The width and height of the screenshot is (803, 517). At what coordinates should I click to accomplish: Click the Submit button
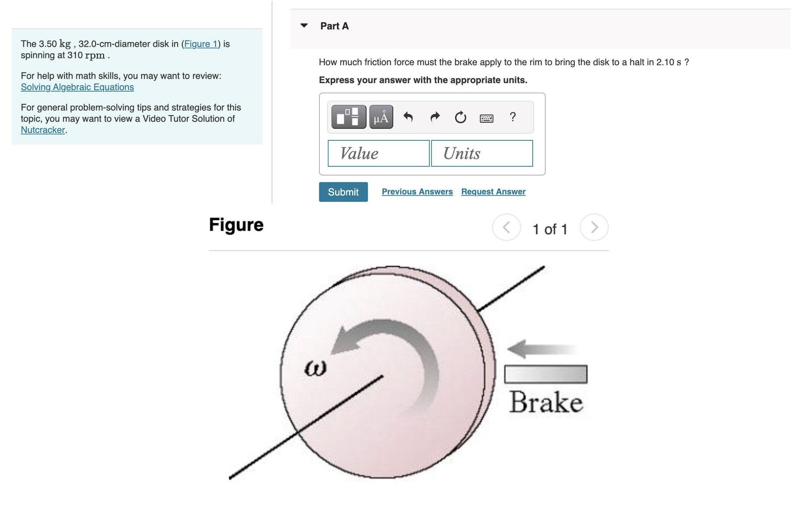click(343, 192)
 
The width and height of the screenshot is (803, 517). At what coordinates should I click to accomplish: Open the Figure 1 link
click(201, 44)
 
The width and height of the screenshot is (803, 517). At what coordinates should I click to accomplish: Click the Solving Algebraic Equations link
click(77, 87)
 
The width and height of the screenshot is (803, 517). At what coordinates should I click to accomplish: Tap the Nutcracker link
click(43, 130)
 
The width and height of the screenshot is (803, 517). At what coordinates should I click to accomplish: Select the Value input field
click(378, 153)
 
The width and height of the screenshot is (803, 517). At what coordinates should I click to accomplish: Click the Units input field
click(481, 153)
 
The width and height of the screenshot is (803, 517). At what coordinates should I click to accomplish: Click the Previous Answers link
click(417, 192)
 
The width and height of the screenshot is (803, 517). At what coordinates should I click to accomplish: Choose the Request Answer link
click(493, 192)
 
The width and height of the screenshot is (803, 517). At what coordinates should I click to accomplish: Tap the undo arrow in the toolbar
click(408, 117)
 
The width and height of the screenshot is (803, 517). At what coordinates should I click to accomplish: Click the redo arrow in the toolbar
click(435, 117)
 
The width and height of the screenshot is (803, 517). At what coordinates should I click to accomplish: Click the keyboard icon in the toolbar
click(486, 118)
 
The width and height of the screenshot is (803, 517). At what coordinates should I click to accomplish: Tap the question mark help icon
click(513, 117)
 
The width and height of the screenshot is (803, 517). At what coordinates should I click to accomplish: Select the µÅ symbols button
click(381, 117)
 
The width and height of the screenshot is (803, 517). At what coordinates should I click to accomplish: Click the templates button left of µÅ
click(348, 117)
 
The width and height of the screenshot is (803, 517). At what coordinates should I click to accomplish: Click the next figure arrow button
click(594, 227)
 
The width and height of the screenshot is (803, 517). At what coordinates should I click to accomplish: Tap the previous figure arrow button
click(506, 227)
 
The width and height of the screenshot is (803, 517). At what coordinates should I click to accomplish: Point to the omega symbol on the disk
click(315, 369)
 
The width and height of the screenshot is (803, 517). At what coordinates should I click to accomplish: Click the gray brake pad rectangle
click(545, 374)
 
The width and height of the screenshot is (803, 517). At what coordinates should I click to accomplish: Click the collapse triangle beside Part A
click(304, 26)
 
